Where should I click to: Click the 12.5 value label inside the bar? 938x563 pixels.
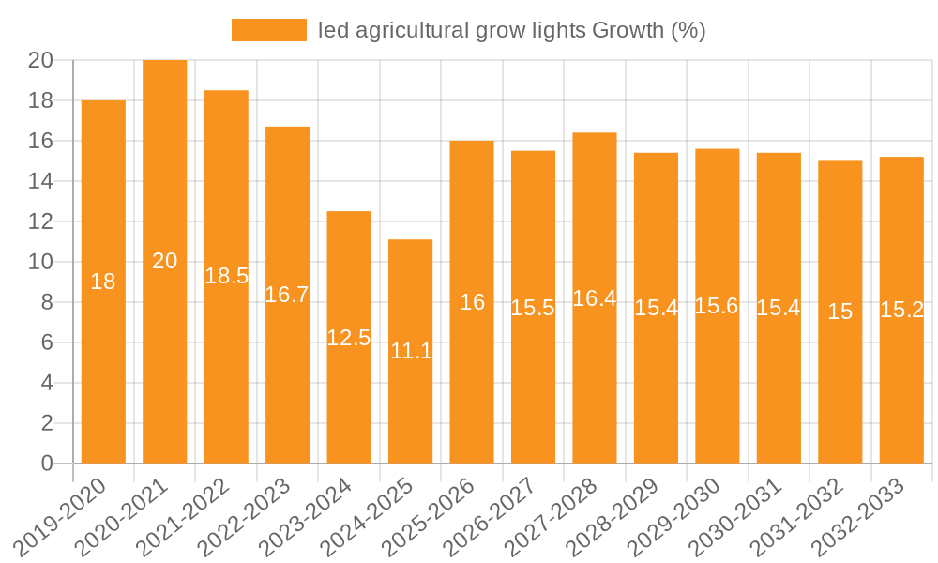[x=349, y=338]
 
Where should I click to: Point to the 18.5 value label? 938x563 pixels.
[x=226, y=276]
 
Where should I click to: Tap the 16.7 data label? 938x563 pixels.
[x=287, y=295]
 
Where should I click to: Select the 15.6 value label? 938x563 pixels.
[x=717, y=306]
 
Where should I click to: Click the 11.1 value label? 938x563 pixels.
[x=411, y=351]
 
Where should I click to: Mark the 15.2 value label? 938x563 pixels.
[x=901, y=310]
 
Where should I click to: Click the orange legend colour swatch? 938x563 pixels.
[x=268, y=30]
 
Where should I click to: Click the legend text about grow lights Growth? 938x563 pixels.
[x=511, y=30]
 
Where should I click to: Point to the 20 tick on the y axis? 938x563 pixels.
[x=40, y=61]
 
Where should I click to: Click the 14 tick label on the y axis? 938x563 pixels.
[x=40, y=181]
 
